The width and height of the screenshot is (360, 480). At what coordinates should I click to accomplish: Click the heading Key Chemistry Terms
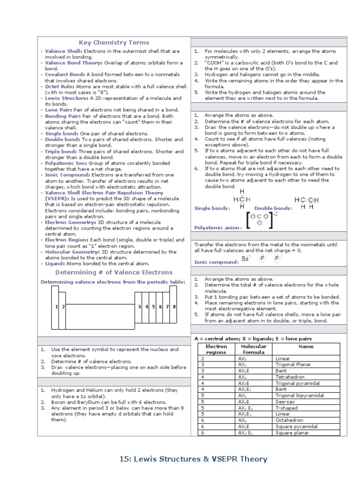tap(114, 43)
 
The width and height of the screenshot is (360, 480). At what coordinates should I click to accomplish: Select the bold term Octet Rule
tap(60, 86)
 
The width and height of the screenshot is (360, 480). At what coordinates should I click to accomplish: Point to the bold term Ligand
tap(55, 264)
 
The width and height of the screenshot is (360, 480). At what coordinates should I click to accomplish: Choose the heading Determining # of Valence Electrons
tap(114, 272)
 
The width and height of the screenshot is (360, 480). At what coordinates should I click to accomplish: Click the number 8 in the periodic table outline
tap(174, 307)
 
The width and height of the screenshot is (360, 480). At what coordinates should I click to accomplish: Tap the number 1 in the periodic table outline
tap(56, 307)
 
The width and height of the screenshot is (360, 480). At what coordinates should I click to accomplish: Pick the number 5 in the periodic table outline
tap(153, 307)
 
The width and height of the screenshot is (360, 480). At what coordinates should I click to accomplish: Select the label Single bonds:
tap(212, 208)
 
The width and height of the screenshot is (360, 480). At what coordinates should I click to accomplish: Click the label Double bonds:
tap(273, 208)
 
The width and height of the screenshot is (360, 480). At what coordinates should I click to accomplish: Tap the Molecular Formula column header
tap(254, 349)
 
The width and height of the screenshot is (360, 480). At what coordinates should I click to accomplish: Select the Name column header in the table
tap(306, 346)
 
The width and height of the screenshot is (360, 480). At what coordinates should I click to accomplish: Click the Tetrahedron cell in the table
tap(290, 377)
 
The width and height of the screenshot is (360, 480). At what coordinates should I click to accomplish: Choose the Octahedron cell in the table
tap(289, 420)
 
